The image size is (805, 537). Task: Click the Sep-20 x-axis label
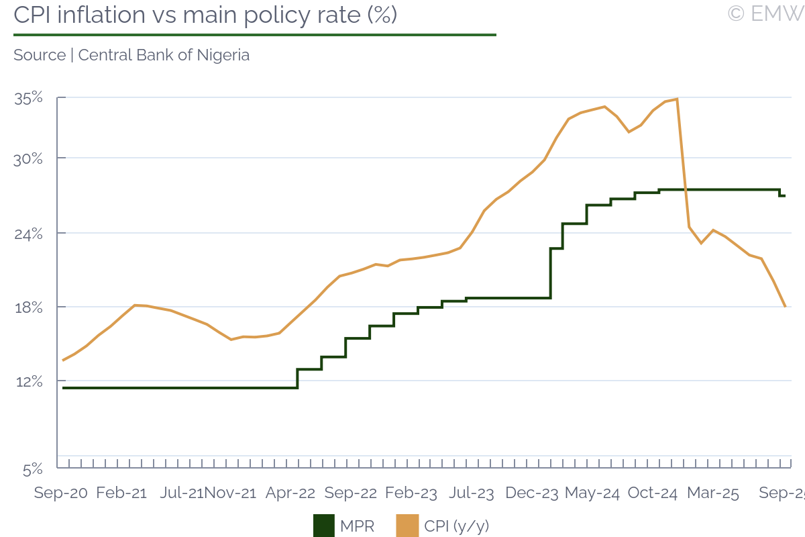pos(61,493)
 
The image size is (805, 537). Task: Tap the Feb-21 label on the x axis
pos(121,493)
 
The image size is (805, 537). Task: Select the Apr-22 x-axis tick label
pos(290,493)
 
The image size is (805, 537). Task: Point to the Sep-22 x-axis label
pos(351,493)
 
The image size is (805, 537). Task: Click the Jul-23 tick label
pos(472,493)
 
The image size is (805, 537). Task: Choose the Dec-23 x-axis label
pos(532,493)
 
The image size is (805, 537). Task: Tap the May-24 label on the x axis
pos(592,493)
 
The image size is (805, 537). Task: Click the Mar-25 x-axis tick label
pos(713,493)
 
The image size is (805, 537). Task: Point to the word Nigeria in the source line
pos(223,55)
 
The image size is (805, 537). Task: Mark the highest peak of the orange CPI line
pos(678,99)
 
